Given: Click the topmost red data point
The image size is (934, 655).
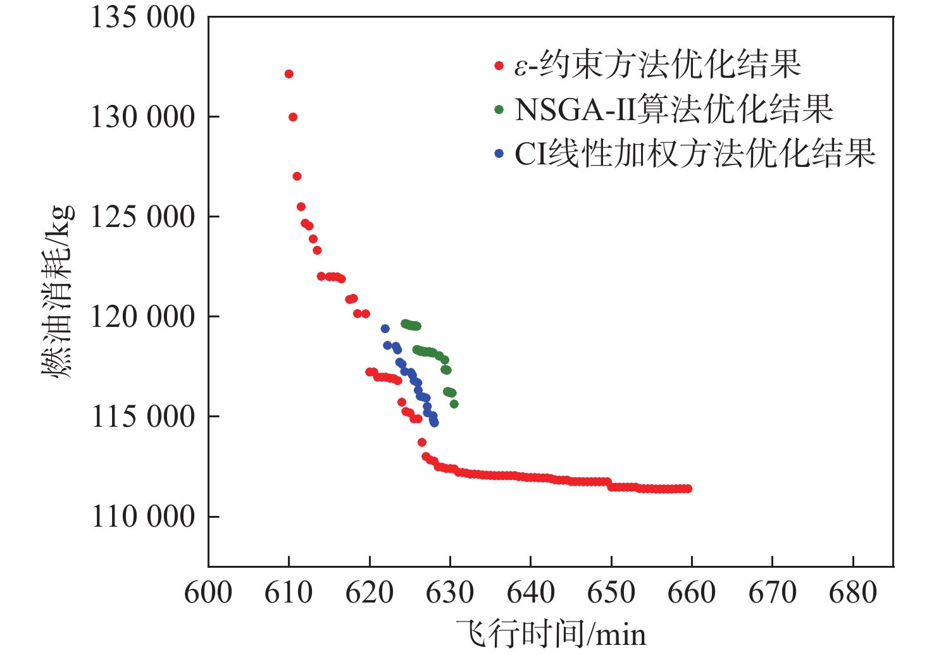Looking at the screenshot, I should (289, 74).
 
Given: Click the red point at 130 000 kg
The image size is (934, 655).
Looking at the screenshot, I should (293, 117).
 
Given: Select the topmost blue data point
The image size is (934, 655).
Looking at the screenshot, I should (385, 329).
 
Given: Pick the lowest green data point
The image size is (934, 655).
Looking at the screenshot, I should (454, 404).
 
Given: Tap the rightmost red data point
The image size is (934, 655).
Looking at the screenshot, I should (688, 489).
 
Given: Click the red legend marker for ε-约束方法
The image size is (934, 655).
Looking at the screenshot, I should (499, 66).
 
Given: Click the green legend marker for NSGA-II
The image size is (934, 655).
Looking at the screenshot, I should (499, 110).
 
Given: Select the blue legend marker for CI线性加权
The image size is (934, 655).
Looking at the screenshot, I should (499, 154).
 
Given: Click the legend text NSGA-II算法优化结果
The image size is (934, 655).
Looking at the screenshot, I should (673, 109).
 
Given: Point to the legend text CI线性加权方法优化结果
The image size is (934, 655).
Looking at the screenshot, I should (695, 153).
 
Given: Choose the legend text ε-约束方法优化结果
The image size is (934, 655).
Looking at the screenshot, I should (657, 64).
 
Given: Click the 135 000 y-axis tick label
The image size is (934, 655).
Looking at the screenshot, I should (143, 18).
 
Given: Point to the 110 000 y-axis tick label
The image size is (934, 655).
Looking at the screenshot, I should (143, 517).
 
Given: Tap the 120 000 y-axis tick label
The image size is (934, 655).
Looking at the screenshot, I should (143, 317).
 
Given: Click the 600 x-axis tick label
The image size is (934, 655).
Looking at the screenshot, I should (208, 593).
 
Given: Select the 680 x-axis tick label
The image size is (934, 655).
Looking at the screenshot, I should (853, 593).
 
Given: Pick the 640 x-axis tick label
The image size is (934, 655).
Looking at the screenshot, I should (531, 593).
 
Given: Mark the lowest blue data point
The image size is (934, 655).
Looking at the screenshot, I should (434, 422).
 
